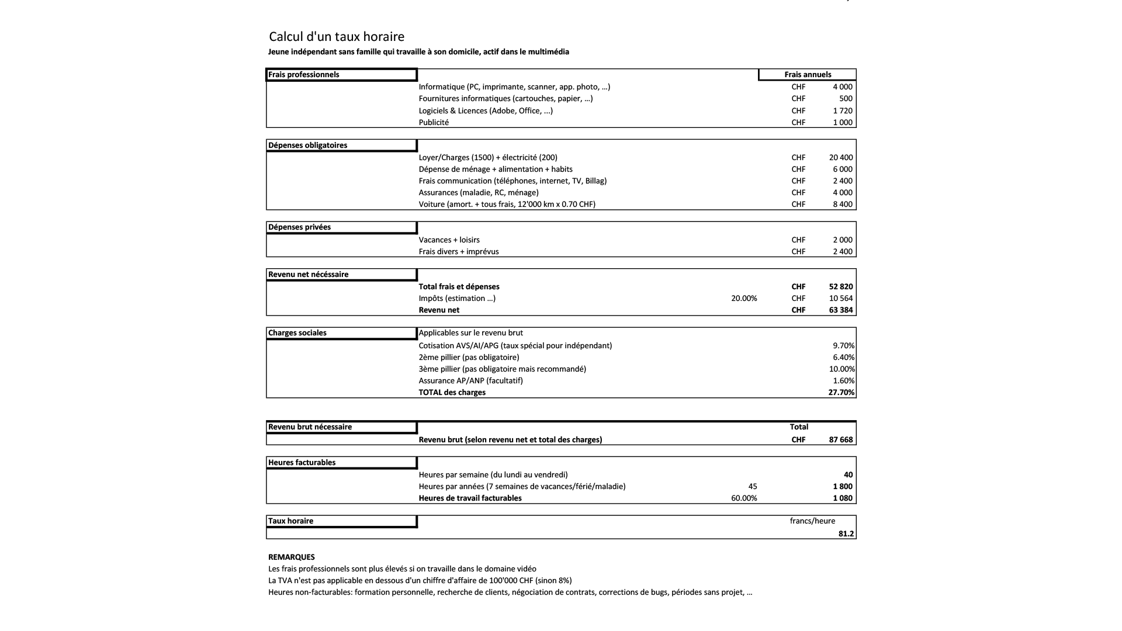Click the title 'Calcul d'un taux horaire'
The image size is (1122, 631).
337,37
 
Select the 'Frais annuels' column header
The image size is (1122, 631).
808,75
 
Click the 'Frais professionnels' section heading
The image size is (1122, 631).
304,75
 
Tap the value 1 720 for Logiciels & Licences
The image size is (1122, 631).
843,110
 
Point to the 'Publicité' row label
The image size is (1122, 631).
434,123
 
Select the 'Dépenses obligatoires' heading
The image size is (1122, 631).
308,145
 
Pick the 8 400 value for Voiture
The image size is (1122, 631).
843,204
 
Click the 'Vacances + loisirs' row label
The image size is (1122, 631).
449,240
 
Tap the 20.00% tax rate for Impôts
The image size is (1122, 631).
744,299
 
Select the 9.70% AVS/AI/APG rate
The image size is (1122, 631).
843,346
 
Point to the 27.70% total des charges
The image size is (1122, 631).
841,393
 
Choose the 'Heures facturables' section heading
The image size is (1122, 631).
302,463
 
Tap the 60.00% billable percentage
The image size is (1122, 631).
744,498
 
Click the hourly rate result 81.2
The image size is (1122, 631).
846,534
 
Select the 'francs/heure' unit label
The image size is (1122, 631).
812,521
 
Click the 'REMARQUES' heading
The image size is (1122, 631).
292,557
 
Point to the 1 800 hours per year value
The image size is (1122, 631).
843,487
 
